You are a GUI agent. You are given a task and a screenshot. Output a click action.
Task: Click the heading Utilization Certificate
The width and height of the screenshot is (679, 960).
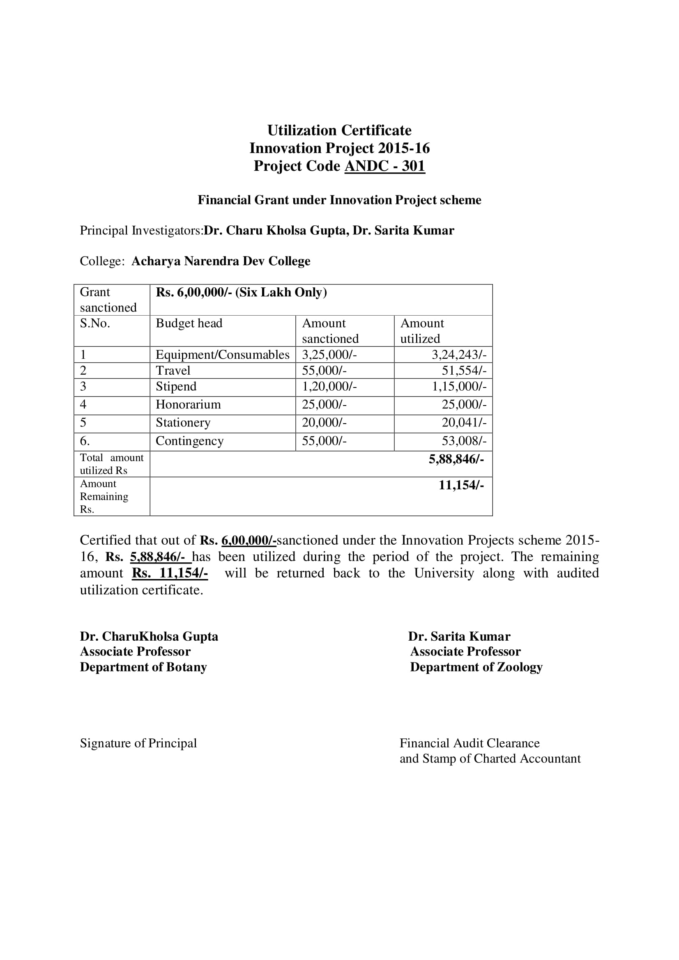pos(339,131)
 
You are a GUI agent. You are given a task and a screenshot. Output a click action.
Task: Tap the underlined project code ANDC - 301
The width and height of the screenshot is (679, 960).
pos(384,166)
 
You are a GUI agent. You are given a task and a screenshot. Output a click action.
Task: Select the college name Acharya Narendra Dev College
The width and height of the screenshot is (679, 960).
pos(221,261)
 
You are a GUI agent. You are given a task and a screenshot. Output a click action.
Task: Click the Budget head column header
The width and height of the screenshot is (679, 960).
pos(189,323)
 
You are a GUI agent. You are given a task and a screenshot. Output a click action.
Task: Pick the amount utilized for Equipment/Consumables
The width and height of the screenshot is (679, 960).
pos(458,355)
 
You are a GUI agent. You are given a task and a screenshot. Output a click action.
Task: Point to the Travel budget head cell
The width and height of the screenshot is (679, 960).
pos(173,371)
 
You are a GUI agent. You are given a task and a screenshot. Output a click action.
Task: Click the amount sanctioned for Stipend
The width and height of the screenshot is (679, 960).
pos(329,386)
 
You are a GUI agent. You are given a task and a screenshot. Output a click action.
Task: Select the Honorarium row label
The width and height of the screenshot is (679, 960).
pos(188,404)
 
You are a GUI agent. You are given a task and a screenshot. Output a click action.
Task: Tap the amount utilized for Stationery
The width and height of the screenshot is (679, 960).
pos(463,422)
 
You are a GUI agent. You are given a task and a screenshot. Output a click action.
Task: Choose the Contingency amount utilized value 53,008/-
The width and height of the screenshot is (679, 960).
pos(463,441)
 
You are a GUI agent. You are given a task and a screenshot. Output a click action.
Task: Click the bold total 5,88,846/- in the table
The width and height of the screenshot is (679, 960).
pos(456,459)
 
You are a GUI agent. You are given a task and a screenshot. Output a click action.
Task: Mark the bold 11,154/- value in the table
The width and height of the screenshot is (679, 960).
pos(461,485)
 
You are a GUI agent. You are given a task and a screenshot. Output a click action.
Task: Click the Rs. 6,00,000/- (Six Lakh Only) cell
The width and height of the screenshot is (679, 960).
pos(242,292)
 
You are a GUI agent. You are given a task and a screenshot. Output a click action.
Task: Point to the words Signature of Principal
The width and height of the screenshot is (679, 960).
pos(138,743)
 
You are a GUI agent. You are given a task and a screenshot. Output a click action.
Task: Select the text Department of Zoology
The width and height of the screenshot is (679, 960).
pos(476,667)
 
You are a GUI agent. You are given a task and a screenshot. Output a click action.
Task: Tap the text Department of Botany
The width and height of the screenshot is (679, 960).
pos(143,667)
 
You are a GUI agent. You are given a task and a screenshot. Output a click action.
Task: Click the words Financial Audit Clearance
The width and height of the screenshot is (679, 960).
pos(469,743)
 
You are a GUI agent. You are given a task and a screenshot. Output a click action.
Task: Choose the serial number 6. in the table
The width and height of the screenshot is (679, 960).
pos(85,441)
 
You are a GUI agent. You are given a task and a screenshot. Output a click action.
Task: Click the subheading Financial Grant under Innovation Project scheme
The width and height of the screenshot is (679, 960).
pos(339,200)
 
